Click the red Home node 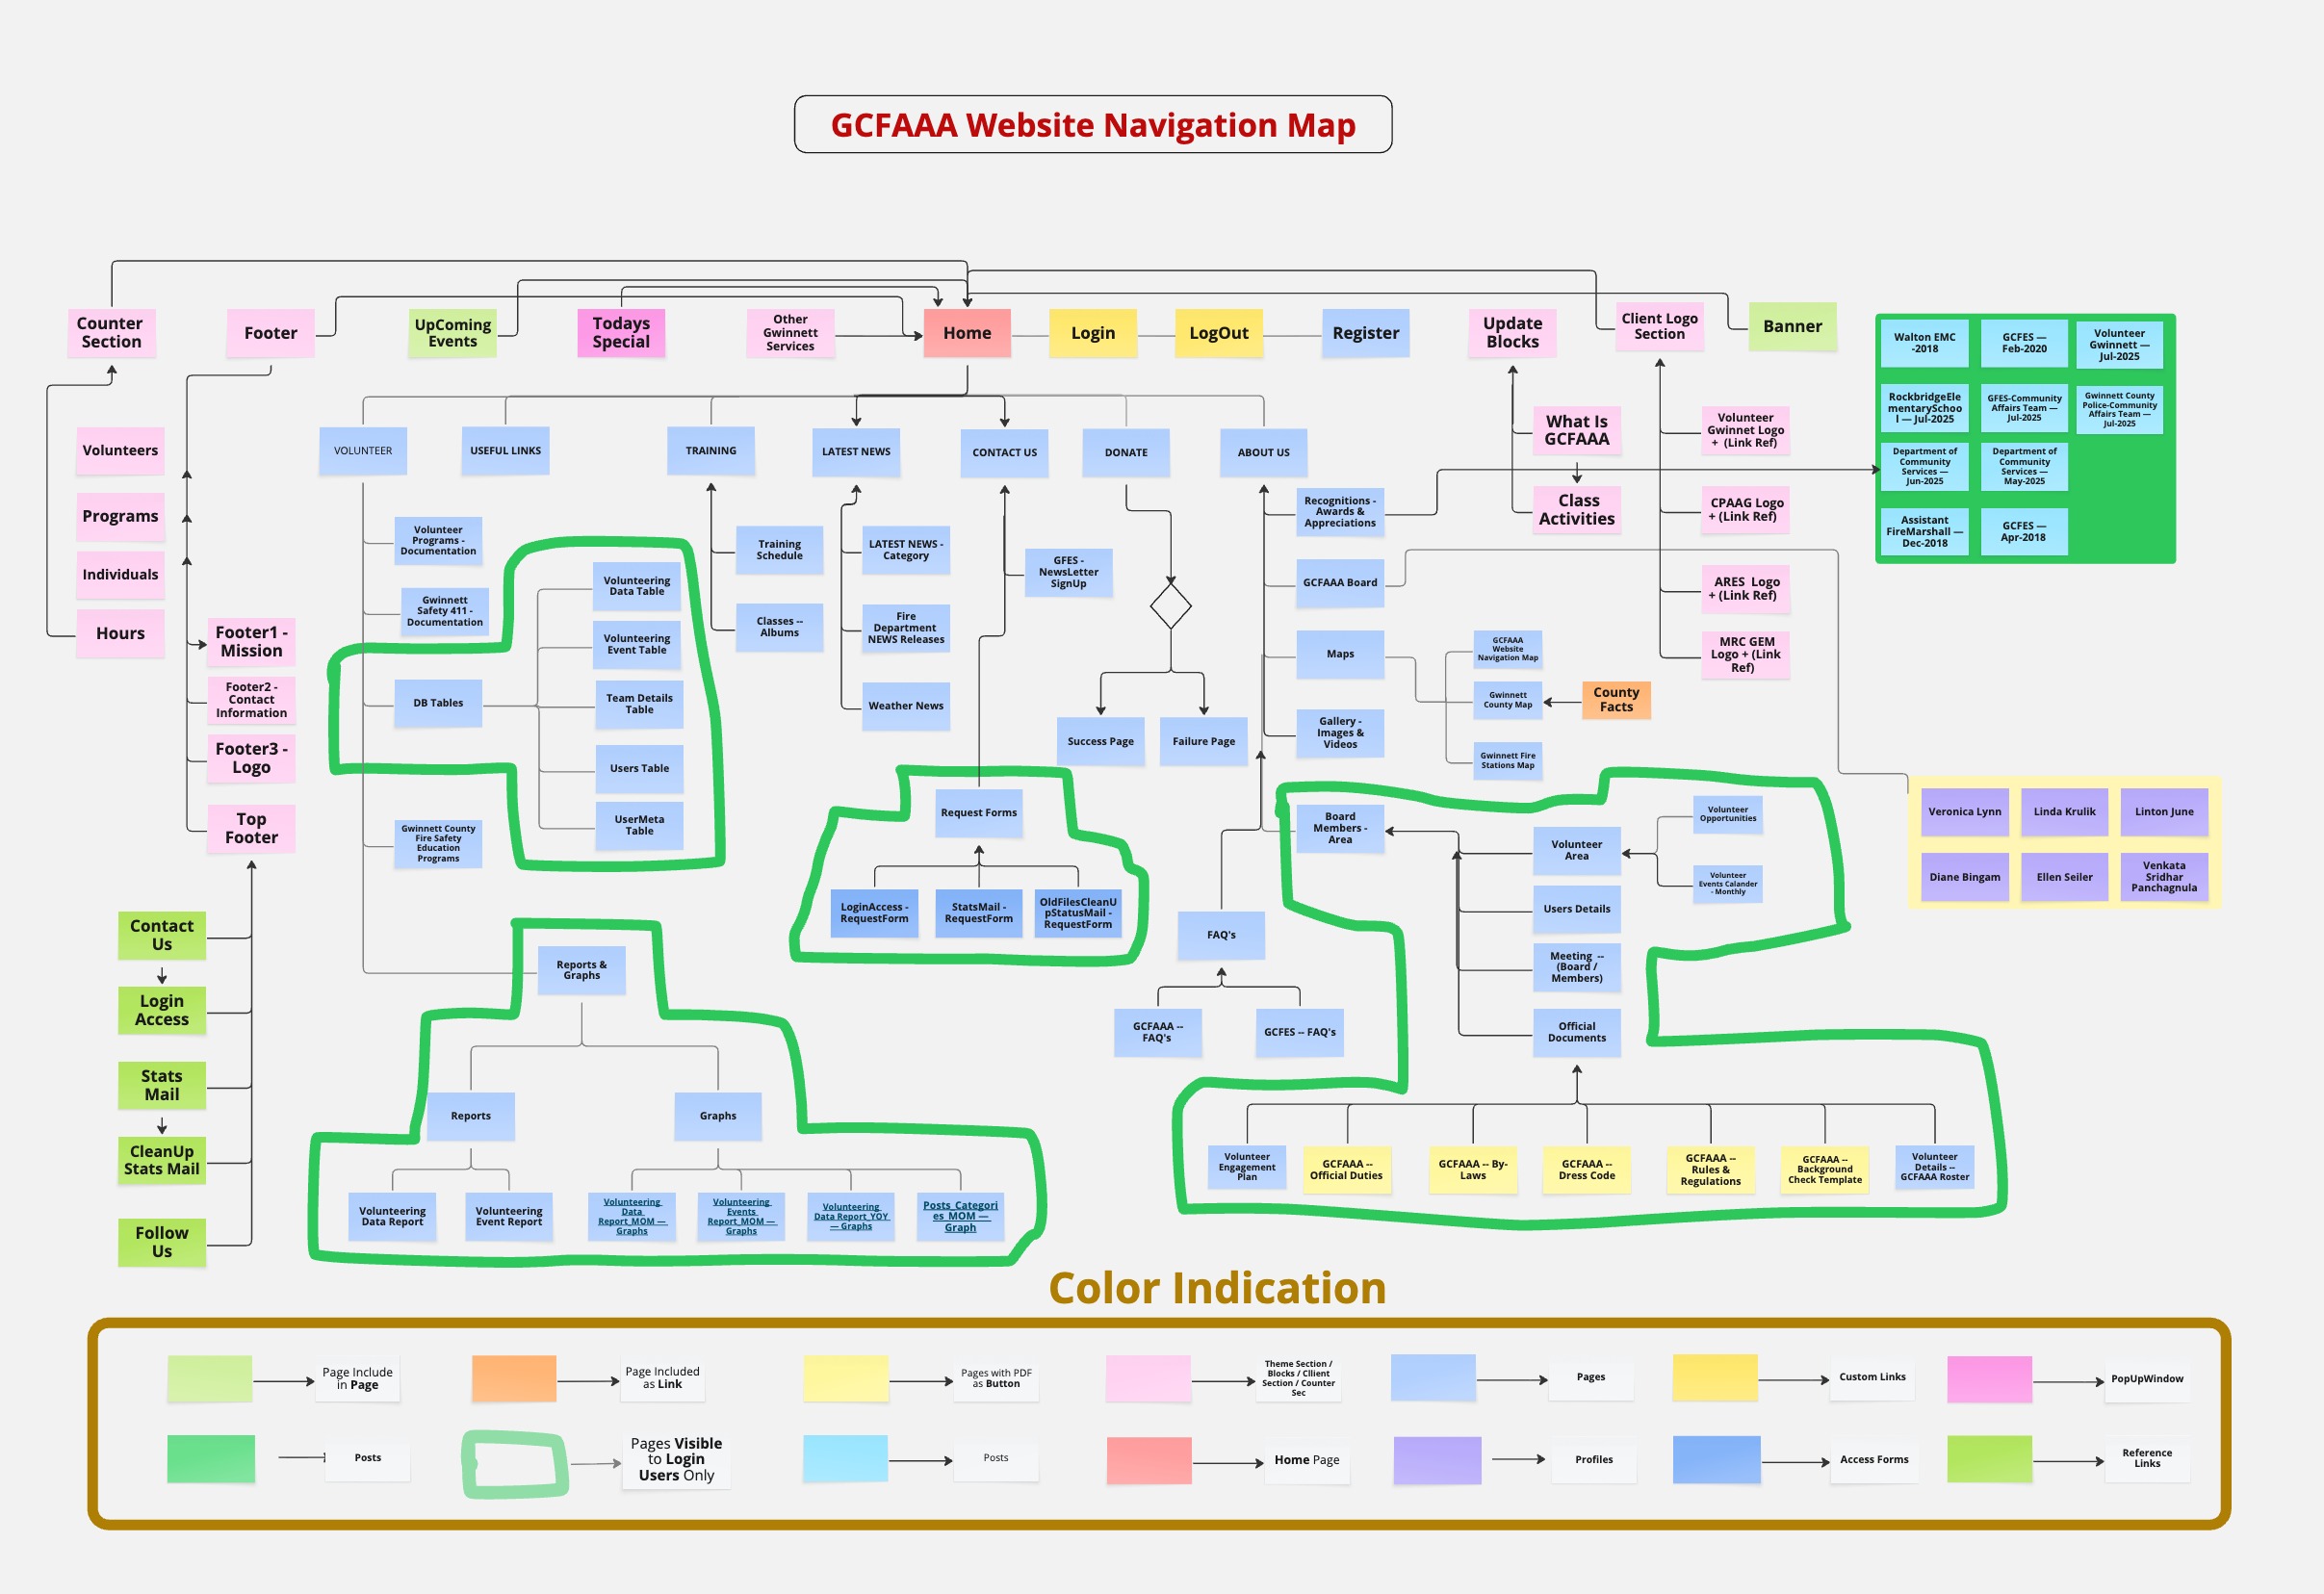pos(966,333)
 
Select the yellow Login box pos(1092,333)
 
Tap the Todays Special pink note pos(621,332)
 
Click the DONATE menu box pos(1125,452)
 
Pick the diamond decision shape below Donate pos(1170,606)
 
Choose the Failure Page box pos(1203,741)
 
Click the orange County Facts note pos(1615,699)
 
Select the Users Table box pos(639,768)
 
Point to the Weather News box pos(905,706)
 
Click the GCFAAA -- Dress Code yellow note pos(1586,1169)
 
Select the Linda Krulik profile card pos(2064,812)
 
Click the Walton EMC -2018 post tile pos(1924,343)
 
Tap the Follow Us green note pos(162,1242)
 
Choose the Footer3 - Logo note pos(251,758)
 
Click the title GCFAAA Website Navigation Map pos(1092,125)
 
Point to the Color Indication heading pos(1216,1288)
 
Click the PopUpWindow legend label pos(2146,1379)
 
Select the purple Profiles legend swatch pos(1436,1460)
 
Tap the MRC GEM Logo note pos(1745,654)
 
